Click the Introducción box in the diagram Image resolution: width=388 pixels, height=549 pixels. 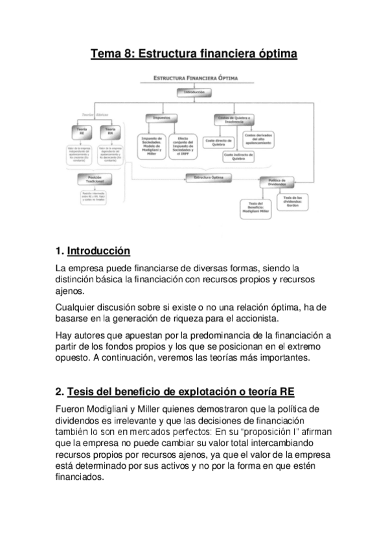pos(194,93)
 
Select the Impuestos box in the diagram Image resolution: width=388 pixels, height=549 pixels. pos(161,118)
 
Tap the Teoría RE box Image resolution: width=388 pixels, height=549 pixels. pos(82,131)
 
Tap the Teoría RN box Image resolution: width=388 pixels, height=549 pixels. pos(109,131)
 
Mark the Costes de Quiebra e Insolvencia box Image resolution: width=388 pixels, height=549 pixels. pos(234,118)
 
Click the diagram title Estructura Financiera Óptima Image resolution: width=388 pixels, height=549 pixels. pos(194,78)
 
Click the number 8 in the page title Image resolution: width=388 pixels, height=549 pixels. pos(122,54)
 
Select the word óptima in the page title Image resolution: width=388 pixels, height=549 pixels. pos(276,54)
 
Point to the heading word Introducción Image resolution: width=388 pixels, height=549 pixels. pos(98,251)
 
